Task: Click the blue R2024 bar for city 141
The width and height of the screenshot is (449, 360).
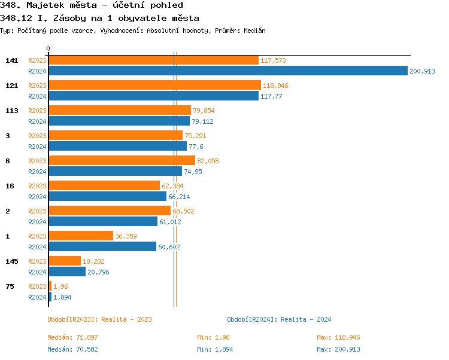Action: pos(227,71)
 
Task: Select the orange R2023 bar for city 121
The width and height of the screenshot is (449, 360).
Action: pos(154,86)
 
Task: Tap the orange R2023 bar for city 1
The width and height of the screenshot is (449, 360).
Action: pos(81,236)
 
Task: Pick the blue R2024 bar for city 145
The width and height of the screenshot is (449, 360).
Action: pos(67,272)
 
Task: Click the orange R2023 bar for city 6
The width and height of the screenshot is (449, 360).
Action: pos(122,161)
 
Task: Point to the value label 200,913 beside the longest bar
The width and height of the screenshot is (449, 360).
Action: pos(422,71)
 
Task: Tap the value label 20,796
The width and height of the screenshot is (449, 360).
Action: pos(99,272)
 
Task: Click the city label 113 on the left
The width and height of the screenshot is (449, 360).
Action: pos(11,111)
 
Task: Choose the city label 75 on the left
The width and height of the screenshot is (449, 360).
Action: pos(10,286)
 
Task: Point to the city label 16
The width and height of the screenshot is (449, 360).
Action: pos(10,186)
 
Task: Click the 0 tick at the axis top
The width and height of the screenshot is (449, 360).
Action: pos(48,48)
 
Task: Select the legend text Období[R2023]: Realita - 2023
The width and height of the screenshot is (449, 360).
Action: pos(99,319)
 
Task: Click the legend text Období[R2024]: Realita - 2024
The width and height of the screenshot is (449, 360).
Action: pos(279,319)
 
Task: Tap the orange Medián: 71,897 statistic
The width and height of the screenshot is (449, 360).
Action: pos(73,338)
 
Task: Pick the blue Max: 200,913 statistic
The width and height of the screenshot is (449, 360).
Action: pos(338,349)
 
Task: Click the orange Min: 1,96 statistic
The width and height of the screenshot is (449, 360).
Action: pos(213,338)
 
